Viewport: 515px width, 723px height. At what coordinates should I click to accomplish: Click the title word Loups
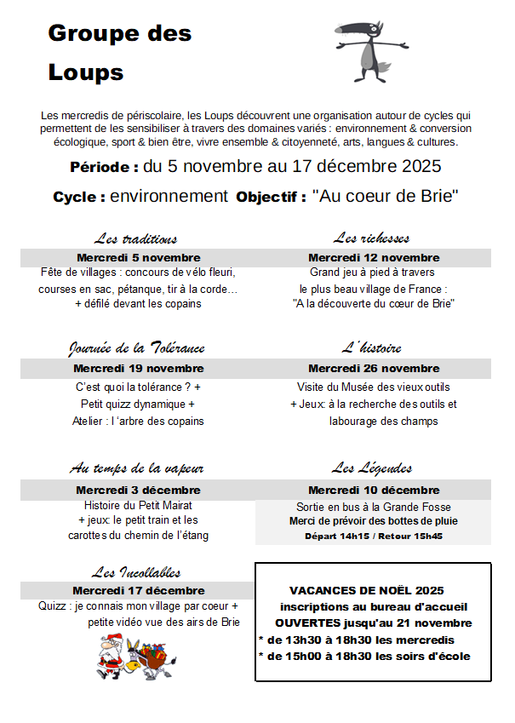tap(86, 72)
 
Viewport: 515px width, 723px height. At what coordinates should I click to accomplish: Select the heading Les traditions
tap(136, 238)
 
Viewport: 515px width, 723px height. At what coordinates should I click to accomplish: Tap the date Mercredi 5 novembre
tap(139, 257)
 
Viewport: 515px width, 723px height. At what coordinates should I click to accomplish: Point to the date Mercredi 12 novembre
tap(374, 257)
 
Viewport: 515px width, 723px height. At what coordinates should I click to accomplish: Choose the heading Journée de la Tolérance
tap(136, 349)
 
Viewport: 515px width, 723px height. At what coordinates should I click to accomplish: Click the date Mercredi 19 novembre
tap(139, 369)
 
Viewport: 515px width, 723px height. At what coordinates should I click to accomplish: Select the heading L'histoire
tap(372, 348)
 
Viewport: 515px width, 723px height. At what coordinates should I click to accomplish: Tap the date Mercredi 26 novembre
tap(374, 369)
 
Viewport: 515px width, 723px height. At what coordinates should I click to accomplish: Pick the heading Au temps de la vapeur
tap(136, 469)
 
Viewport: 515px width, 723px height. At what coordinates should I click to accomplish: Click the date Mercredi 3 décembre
tap(139, 490)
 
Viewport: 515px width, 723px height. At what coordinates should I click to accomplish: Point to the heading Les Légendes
tap(372, 468)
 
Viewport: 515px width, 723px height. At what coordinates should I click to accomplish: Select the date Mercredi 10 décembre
tap(374, 490)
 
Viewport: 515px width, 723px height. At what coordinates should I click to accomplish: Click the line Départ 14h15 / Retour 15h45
tap(374, 537)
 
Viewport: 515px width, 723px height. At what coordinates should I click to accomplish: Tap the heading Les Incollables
tap(136, 572)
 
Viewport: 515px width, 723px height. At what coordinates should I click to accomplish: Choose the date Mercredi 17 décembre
tap(139, 590)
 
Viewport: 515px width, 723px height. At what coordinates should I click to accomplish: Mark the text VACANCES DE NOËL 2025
tap(367, 590)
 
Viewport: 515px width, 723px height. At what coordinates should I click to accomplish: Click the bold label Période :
tap(104, 167)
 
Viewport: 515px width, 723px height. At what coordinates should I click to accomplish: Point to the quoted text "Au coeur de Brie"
tap(386, 197)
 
